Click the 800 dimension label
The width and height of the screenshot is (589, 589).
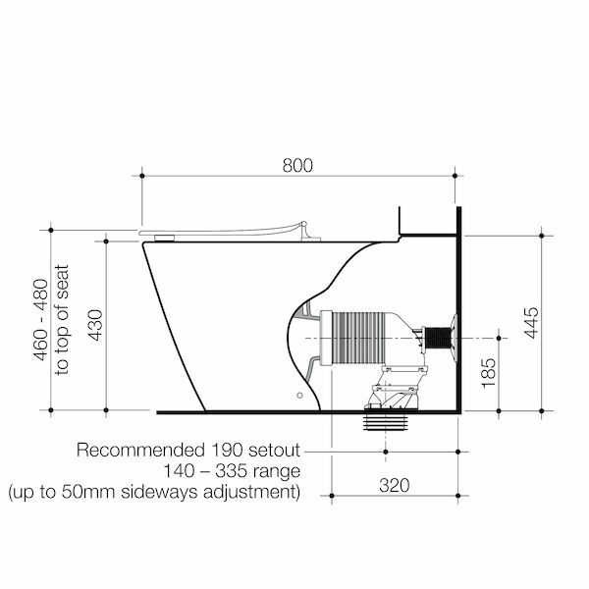pos(297,165)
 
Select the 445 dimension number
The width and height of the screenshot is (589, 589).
pos(531,323)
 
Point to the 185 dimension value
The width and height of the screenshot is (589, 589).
pos(488,373)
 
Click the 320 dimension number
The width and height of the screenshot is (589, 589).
pos(394,485)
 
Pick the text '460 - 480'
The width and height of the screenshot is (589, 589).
pos(41,320)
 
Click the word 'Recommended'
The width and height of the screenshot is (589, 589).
pos(140,450)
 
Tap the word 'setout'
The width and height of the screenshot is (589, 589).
pos(274,450)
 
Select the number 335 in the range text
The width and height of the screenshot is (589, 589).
pos(231,471)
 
